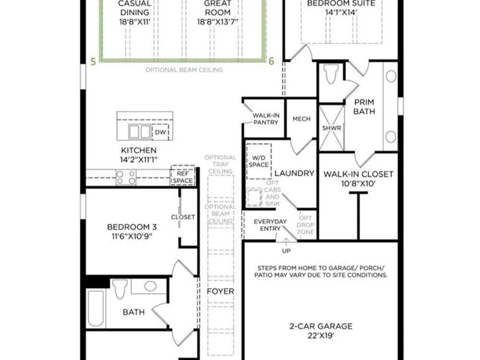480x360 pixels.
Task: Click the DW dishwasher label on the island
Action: point(160,132)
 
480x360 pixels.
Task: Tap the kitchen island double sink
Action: point(140,132)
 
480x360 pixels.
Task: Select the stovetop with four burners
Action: point(126,178)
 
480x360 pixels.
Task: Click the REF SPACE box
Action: point(183,175)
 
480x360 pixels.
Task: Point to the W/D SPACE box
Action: point(259,161)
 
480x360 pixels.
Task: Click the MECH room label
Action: point(301,119)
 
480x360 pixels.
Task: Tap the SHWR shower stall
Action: point(332,128)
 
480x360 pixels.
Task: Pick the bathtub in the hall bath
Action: point(96,309)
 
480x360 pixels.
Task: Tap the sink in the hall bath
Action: point(150,286)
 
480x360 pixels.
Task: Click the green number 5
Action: point(94,61)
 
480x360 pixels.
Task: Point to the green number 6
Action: point(271,61)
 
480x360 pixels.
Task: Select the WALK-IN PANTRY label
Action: point(266,119)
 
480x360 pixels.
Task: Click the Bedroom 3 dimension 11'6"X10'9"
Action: point(132,236)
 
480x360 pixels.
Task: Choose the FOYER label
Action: point(220,291)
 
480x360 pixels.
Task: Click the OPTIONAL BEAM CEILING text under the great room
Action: point(184,70)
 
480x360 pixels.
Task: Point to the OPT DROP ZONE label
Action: point(305,225)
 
